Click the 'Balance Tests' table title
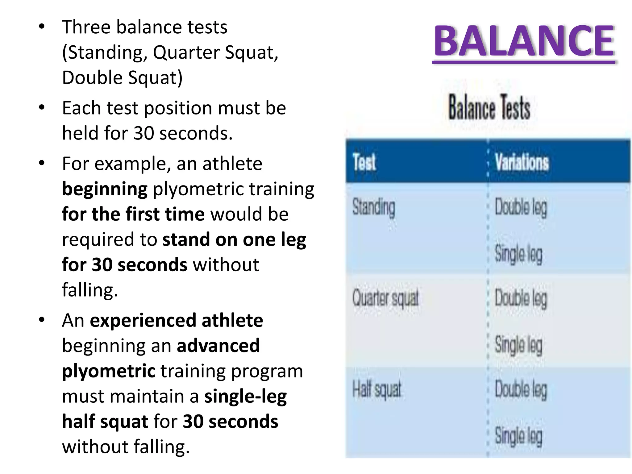pyautogui.click(x=489, y=107)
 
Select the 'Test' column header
pyautogui.click(x=364, y=162)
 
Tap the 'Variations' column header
pyautogui.click(x=522, y=162)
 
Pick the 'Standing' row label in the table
pyautogui.click(x=373, y=207)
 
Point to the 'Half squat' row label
pyautogui.click(x=377, y=389)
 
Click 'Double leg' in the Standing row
pyautogui.click(x=521, y=207)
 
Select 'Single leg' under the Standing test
pyautogui.click(x=518, y=254)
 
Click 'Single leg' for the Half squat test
pyautogui.click(x=518, y=436)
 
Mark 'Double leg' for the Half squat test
pyautogui.click(x=521, y=389)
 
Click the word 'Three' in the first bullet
pyautogui.click(x=86, y=27)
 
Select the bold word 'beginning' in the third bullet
pyautogui.click(x=105, y=189)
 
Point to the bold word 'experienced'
pyautogui.click(x=143, y=320)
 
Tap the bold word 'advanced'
pyautogui.click(x=218, y=346)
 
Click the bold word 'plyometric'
pyautogui.click(x=109, y=371)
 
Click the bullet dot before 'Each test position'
pyautogui.click(x=42, y=108)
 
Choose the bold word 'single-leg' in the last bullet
pyautogui.click(x=245, y=396)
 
